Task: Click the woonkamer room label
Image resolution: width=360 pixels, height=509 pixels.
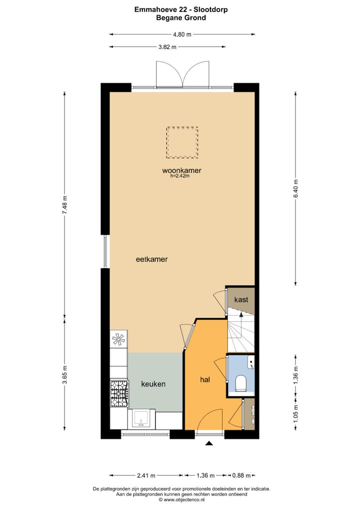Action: click(x=181, y=170)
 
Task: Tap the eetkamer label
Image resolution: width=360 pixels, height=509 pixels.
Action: click(x=151, y=259)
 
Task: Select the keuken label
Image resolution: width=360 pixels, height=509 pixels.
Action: click(x=153, y=384)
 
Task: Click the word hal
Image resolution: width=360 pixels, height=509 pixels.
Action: click(x=204, y=379)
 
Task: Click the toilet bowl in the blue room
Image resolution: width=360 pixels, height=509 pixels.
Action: click(x=241, y=383)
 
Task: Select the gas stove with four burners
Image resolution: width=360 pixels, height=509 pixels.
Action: click(x=119, y=393)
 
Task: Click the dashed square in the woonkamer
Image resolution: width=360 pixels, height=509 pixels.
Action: click(x=182, y=142)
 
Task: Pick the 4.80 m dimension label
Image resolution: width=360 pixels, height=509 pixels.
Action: click(x=182, y=34)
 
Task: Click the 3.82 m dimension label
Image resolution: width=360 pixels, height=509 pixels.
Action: click(x=167, y=46)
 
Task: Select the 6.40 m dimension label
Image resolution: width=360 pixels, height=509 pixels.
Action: click(x=295, y=188)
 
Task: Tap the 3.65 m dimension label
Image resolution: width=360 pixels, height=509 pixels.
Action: click(x=64, y=375)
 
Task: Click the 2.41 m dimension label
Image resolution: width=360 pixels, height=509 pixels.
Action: click(x=146, y=475)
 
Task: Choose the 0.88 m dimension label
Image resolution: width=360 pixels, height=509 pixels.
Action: click(x=240, y=475)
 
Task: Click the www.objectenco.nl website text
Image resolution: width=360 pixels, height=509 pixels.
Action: click(x=182, y=499)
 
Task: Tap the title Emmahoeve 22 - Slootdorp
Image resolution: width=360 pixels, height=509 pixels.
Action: click(x=181, y=9)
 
